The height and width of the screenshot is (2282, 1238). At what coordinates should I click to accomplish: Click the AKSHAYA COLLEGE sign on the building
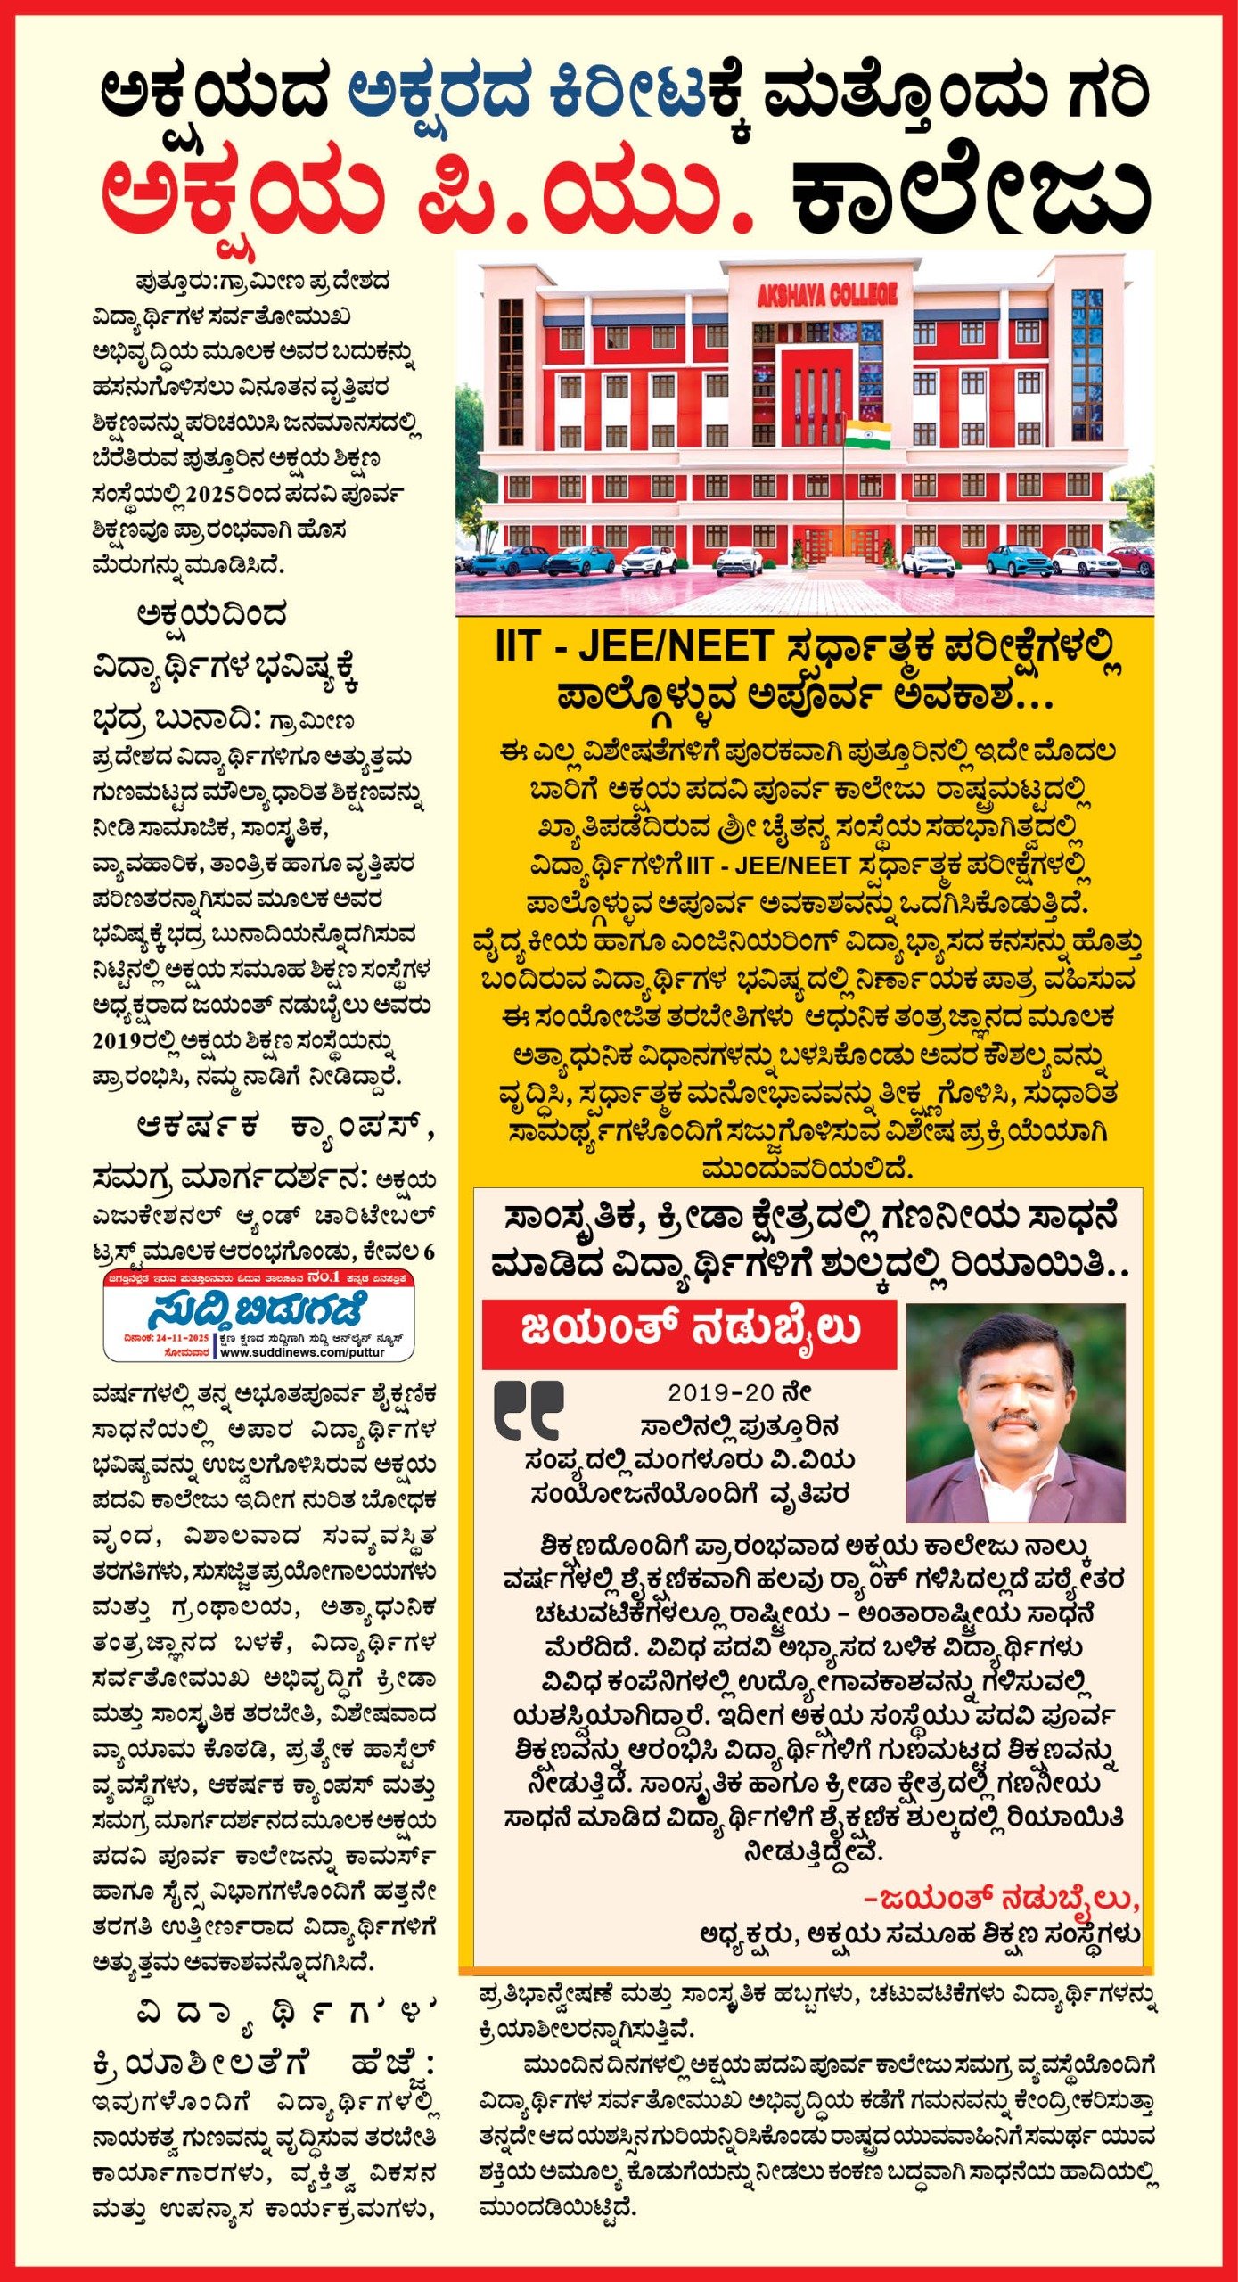pyautogui.click(x=826, y=295)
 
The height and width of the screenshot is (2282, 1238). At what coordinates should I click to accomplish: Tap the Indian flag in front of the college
pyautogui.click(x=867, y=435)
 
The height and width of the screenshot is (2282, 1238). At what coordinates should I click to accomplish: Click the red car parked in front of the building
pyautogui.click(x=1131, y=561)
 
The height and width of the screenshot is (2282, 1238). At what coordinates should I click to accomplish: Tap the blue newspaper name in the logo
pyautogui.click(x=257, y=1310)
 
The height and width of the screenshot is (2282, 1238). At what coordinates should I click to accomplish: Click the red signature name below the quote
pyautogui.click(x=1001, y=1900)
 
